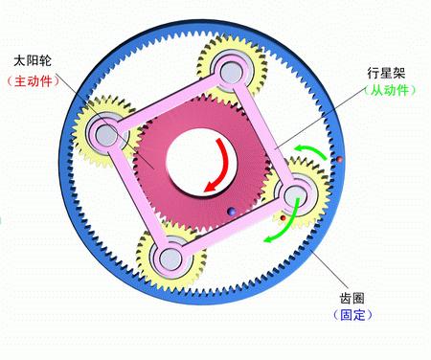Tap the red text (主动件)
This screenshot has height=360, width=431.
click(34, 82)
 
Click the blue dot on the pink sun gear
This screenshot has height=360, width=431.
click(229, 212)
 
